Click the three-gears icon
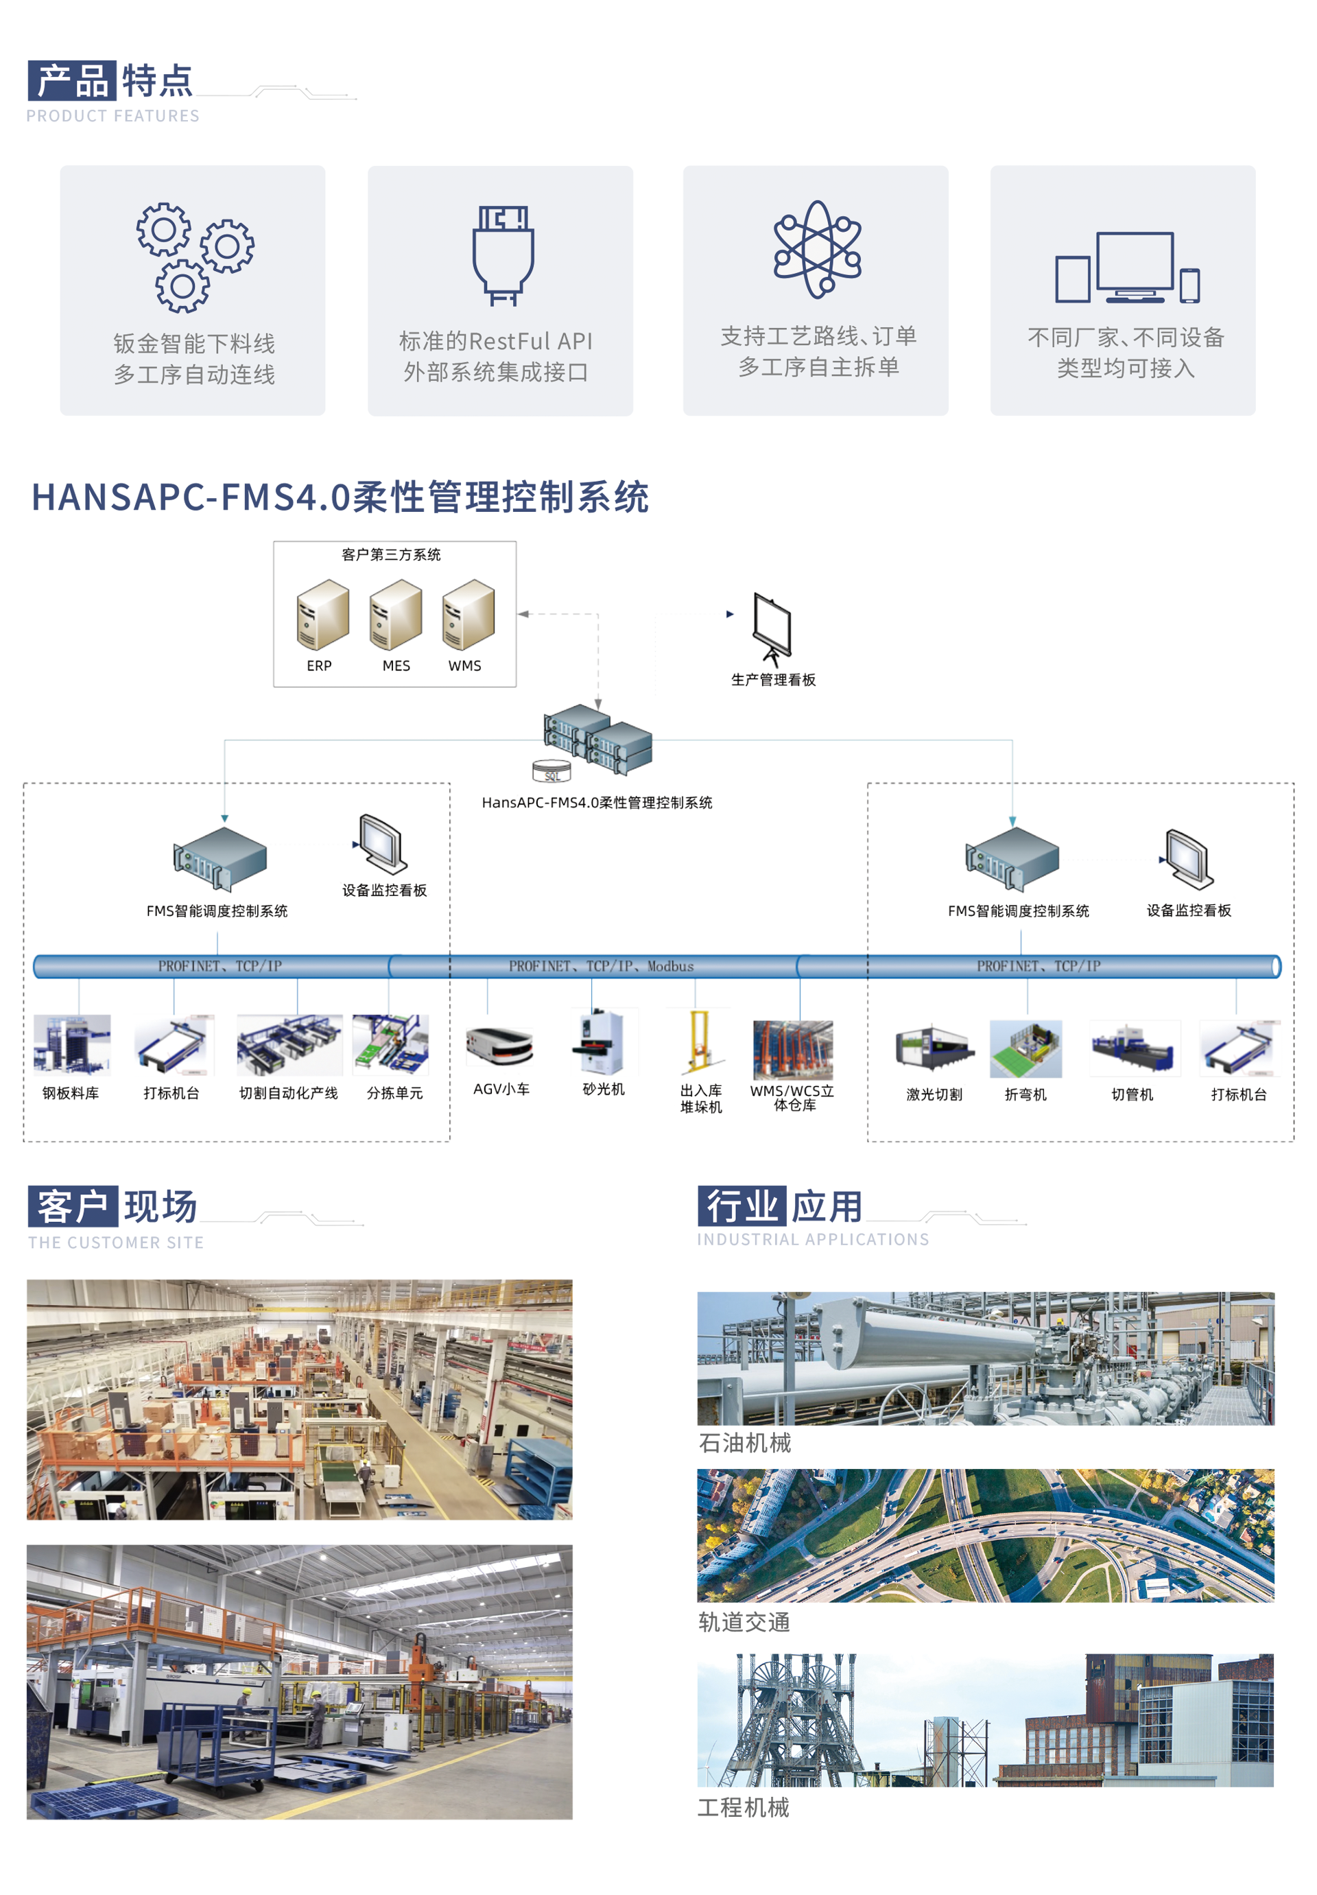point(195,257)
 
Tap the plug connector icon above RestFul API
point(503,255)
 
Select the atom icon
point(817,249)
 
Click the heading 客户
point(73,1206)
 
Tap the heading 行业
point(742,1206)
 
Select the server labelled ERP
point(322,615)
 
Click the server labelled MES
point(395,615)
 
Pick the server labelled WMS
point(468,615)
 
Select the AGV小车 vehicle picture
point(500,1046)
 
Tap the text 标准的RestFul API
point(495,341)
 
